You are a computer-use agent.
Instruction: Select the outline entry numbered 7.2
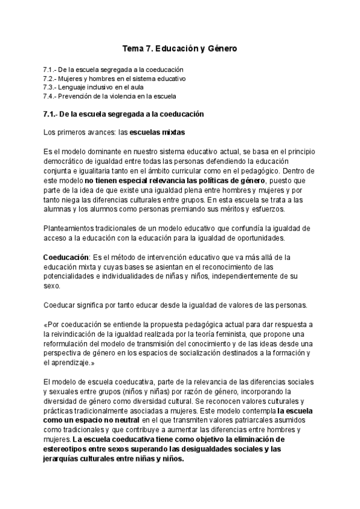pyautogui.click(x=115, y=78)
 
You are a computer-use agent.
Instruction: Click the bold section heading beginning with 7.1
pyautogui.click(x=124, y=113)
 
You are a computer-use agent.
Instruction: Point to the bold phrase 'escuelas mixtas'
pyautogui.click(x=157, y=131)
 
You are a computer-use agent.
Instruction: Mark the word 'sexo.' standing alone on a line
pyautogui.click(x=53, y=286)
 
